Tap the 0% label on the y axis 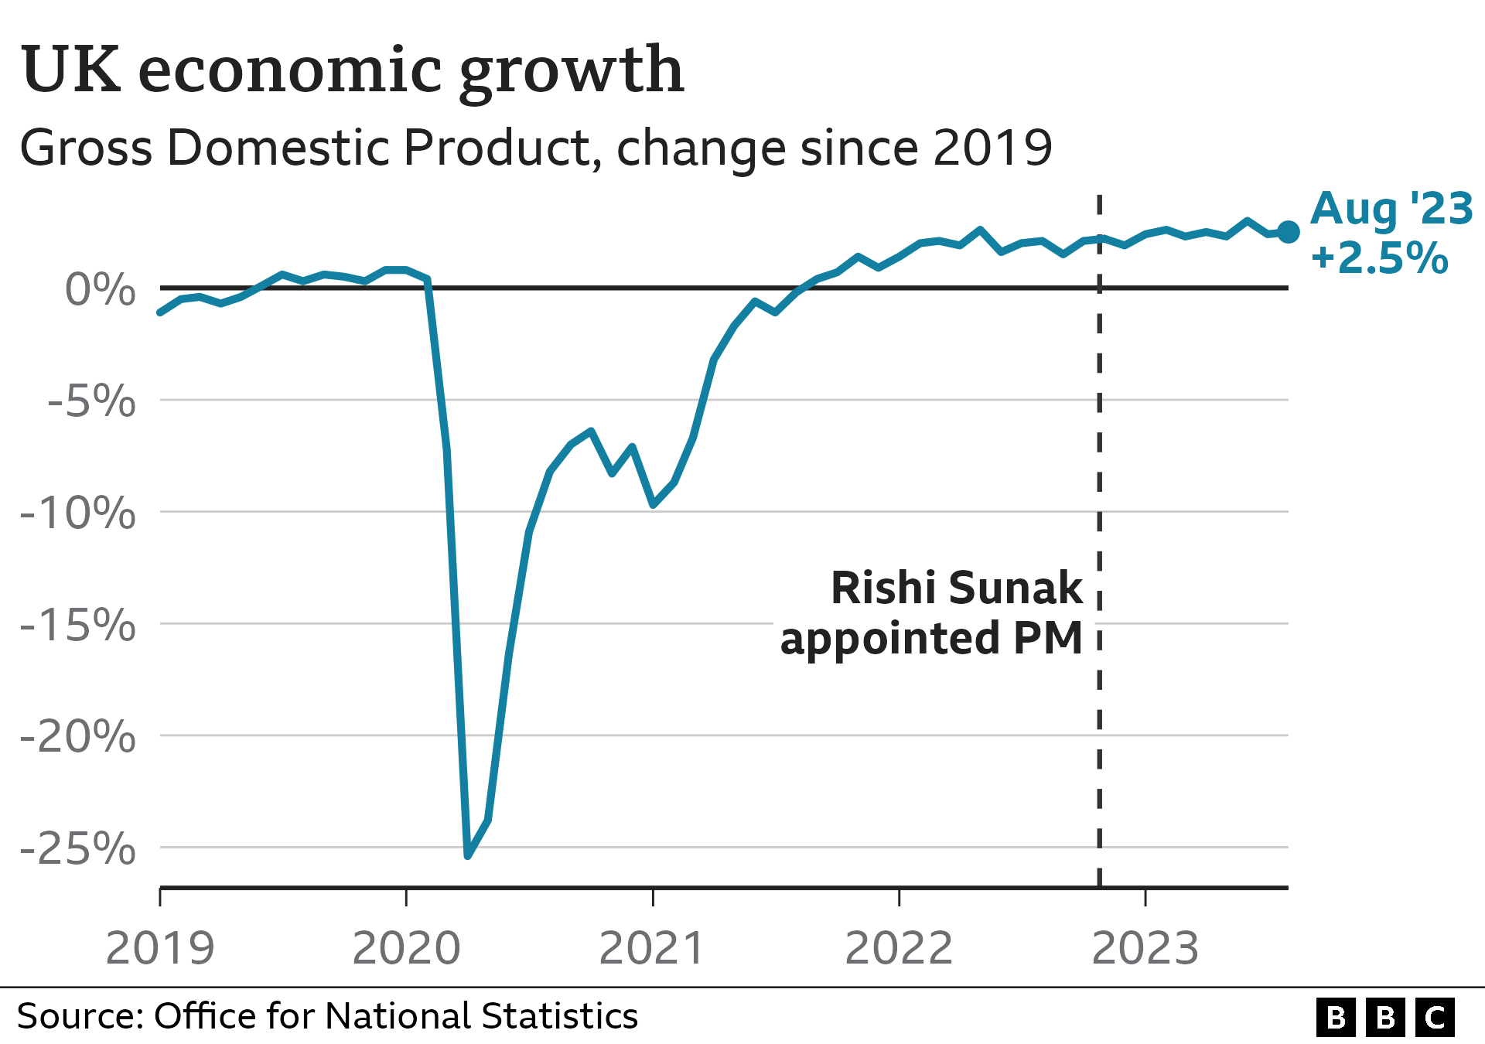click(x=101, y=290)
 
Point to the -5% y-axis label click(x=91, y=401)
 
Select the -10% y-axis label click(x=78, y=513)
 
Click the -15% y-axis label click(x=78, y=625)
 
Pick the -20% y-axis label click(x=78, y=736)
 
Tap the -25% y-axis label click(x=78, y=848)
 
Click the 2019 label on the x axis click(x=160, y=948)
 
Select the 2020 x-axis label click(x=407, y=948)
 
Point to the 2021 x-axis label click(x=653, y=948)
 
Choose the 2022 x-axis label click(x=899, y=948)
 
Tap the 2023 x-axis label click(x=1145, y=948)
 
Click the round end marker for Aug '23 click(x=1288, y=231)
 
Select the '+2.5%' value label click(x=1379, y=258)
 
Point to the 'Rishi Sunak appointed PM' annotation click(x=932, y=612)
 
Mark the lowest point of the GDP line click(x=468, y=855)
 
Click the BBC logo click(x=1385, y=1017)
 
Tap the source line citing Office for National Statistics click(x=327, y=1016)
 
